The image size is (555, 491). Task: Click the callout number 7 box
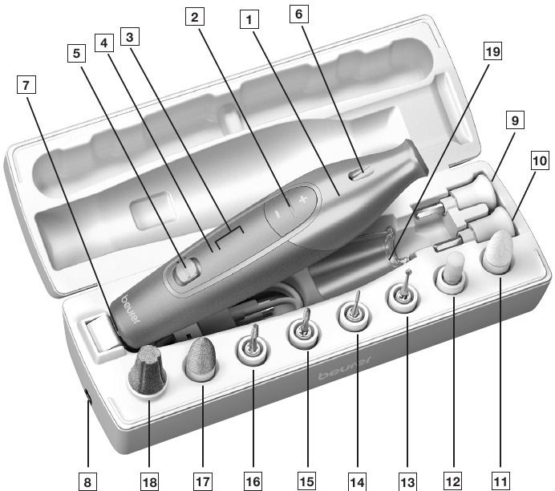click(x=26, y=85)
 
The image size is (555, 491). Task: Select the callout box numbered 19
click(x=492, y=51)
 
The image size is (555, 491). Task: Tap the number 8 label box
click(x=87, y=481)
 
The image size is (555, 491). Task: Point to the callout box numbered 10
click(x=540, y=161)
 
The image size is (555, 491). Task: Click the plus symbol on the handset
click(x=302, y=200)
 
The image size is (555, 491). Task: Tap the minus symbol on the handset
click(x=277, y=214)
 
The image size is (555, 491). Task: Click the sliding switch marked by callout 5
click(x=186, y=270)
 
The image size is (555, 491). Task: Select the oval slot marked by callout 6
click(x=361, y=174)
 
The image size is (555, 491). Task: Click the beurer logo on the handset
click(x=131, y=309)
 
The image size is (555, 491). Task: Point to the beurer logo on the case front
click(x=344, y=367)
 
